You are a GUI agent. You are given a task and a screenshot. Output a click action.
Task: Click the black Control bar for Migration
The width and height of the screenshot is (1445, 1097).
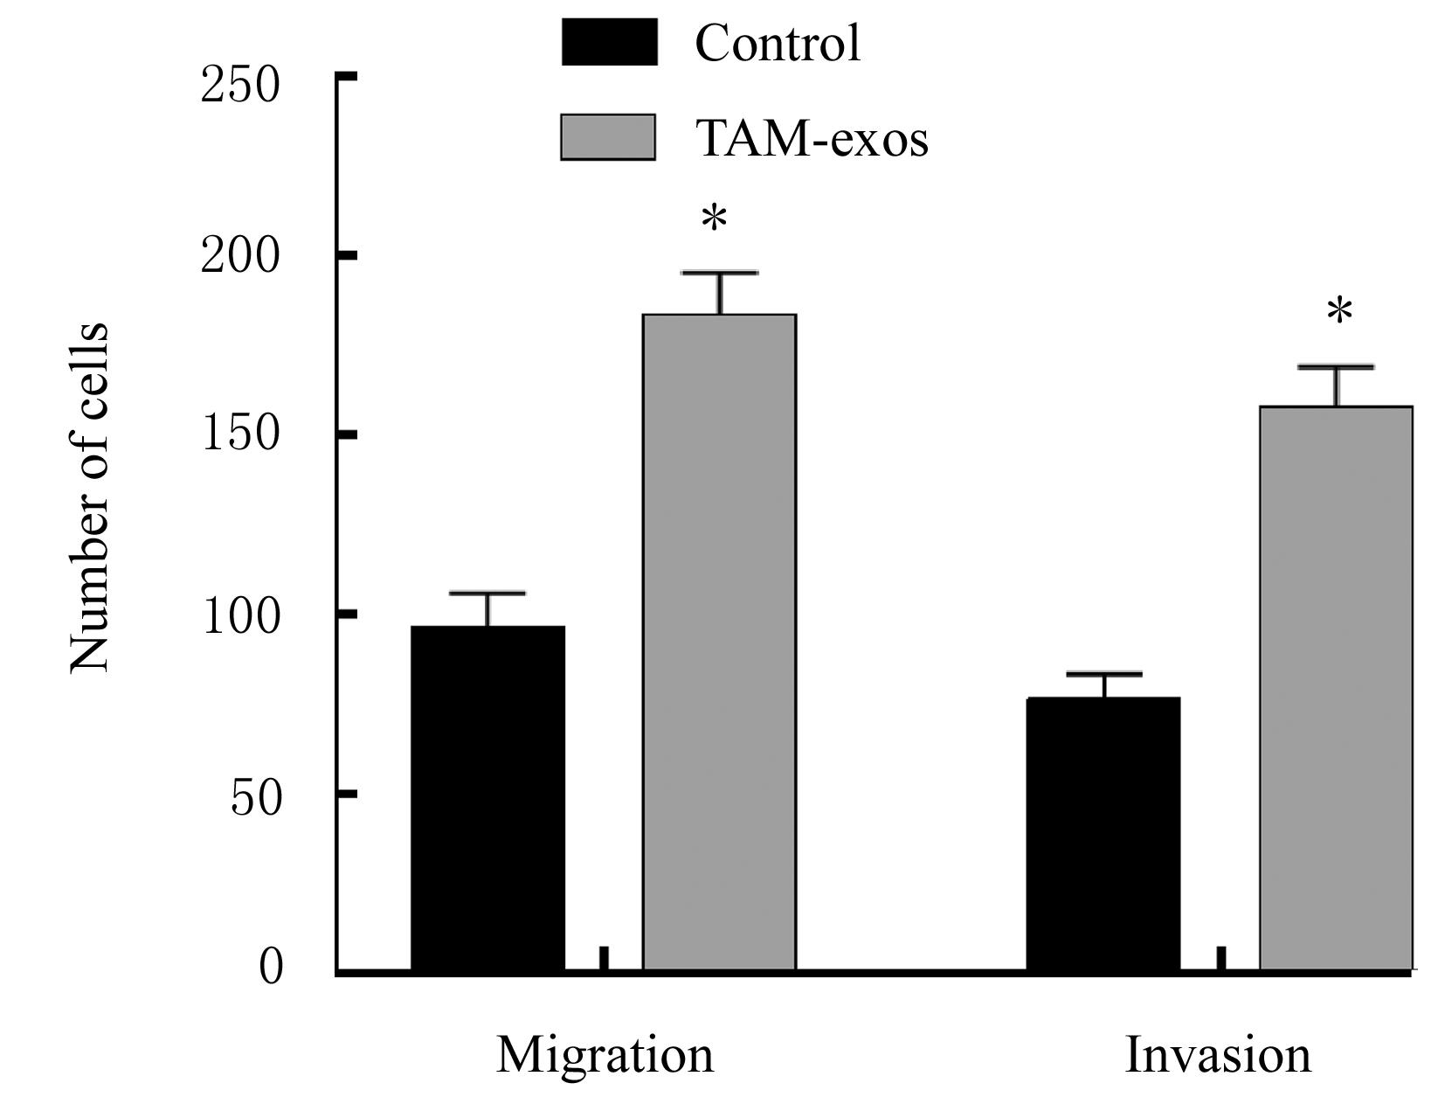(487, 797)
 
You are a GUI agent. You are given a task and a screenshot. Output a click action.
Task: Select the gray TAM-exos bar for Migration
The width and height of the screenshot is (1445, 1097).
(719, 642)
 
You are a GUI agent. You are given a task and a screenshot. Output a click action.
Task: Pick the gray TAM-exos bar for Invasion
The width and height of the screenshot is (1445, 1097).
(1335, 688)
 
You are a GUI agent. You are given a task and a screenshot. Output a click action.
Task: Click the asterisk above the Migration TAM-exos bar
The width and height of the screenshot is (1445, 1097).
(715, 218)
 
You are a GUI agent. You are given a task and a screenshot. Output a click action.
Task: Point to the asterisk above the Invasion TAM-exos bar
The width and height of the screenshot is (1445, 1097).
(1338, 311)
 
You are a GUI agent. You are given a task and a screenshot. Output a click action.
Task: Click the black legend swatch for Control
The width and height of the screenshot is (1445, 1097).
(609, 41)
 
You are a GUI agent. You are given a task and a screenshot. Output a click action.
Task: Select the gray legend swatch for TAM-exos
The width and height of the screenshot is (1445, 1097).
(608, 137)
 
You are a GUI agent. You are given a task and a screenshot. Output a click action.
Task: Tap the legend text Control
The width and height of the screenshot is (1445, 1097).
(778, 42)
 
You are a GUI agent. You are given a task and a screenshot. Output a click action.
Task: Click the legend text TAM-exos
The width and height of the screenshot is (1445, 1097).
(811, 138)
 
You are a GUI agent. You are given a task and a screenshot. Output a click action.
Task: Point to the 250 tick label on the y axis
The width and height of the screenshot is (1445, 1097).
(240, 85)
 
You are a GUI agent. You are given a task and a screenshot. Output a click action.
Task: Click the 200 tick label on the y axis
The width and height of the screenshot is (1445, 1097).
(240, 256)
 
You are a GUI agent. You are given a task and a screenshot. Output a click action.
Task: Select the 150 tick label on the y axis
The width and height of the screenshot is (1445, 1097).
(240, 434)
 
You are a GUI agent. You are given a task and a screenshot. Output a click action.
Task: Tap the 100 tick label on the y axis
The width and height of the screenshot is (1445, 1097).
(240, 615)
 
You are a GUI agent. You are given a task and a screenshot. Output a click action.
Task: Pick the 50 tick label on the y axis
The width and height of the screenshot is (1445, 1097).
(256, 797)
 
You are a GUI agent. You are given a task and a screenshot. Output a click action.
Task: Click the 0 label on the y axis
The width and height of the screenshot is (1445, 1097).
(271, 968)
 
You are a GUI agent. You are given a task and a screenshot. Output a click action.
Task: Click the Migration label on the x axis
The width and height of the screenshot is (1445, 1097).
(605, 1054)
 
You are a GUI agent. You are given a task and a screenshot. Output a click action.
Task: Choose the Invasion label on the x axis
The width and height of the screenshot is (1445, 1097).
(1218, 1054)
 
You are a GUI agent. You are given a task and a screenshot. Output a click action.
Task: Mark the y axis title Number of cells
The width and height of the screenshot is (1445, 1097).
(90, 498)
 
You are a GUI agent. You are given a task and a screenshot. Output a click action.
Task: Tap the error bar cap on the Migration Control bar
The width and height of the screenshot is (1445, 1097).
(487, 594)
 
